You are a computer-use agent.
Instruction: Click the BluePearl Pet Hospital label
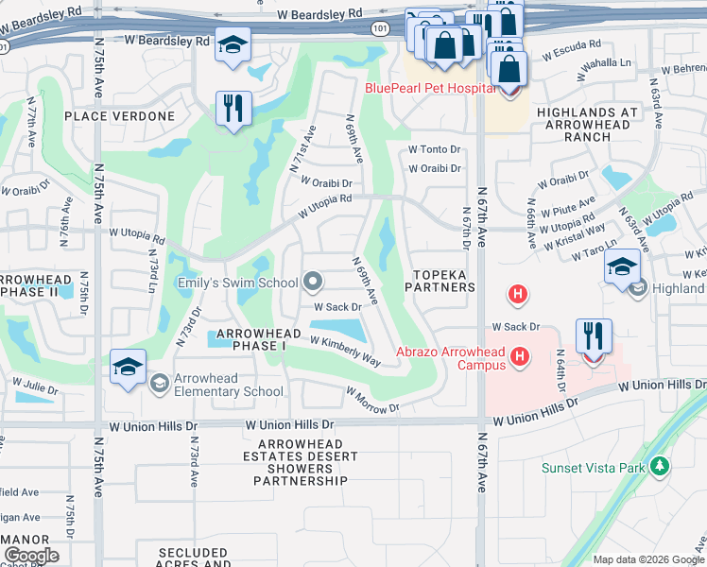click(430, 89)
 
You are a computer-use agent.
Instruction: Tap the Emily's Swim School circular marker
click(313, 282)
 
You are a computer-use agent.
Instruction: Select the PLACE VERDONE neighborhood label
click(120, 116)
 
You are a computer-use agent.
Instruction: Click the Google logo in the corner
click(32, 556)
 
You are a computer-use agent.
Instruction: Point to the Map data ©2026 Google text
click(648, 559)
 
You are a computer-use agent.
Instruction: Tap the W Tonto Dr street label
click(434, 149)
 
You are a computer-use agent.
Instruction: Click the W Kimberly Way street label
click(345, 351)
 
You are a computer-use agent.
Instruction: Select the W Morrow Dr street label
click(372, 399)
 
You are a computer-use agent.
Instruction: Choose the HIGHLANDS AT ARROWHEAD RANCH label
click(588, 124)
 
